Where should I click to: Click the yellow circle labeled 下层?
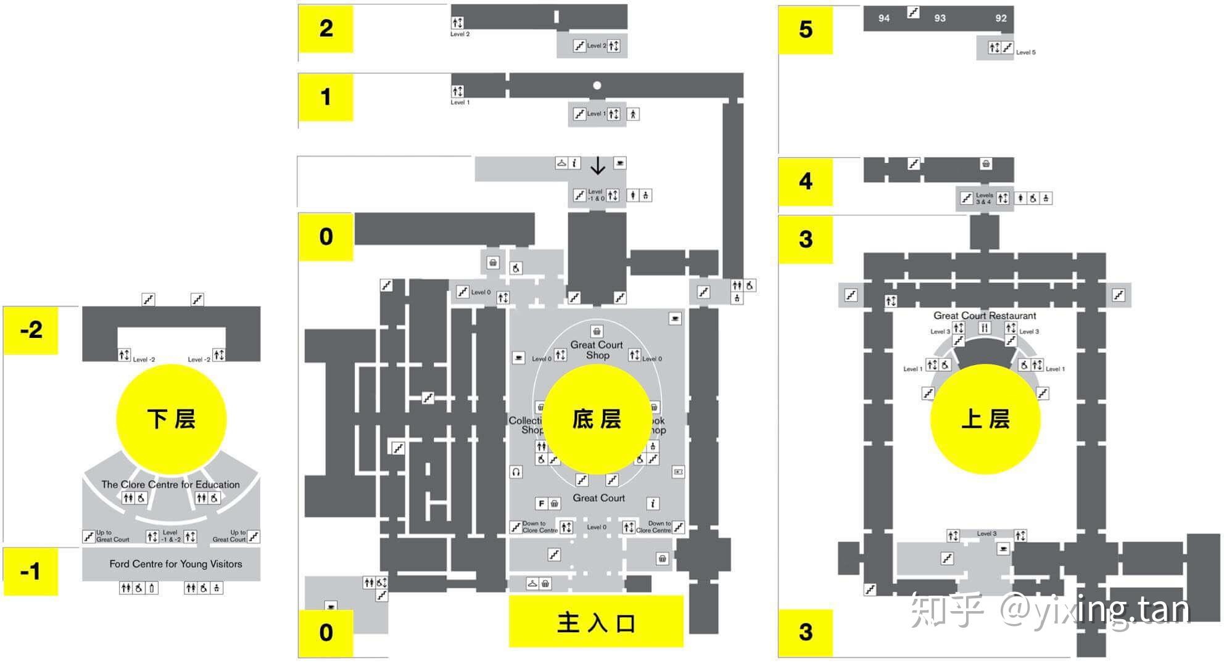172,419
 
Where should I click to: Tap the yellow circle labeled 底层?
597,419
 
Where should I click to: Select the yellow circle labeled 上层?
985,419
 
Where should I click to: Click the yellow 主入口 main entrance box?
596,622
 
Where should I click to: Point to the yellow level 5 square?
805,30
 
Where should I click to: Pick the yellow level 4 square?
805,181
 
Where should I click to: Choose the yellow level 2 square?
326,28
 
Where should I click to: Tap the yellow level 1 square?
326,97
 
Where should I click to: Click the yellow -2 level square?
31,330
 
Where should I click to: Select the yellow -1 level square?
31,571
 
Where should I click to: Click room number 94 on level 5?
884,18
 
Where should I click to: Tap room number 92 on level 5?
1001,18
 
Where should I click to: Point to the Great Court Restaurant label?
985,315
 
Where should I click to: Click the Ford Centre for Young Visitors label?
176,564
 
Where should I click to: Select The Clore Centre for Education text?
170,484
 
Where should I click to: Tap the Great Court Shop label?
597,350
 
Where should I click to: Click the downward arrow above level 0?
597,165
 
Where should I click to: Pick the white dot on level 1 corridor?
597,86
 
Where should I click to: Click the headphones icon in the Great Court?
516,472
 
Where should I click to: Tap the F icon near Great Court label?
540,504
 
